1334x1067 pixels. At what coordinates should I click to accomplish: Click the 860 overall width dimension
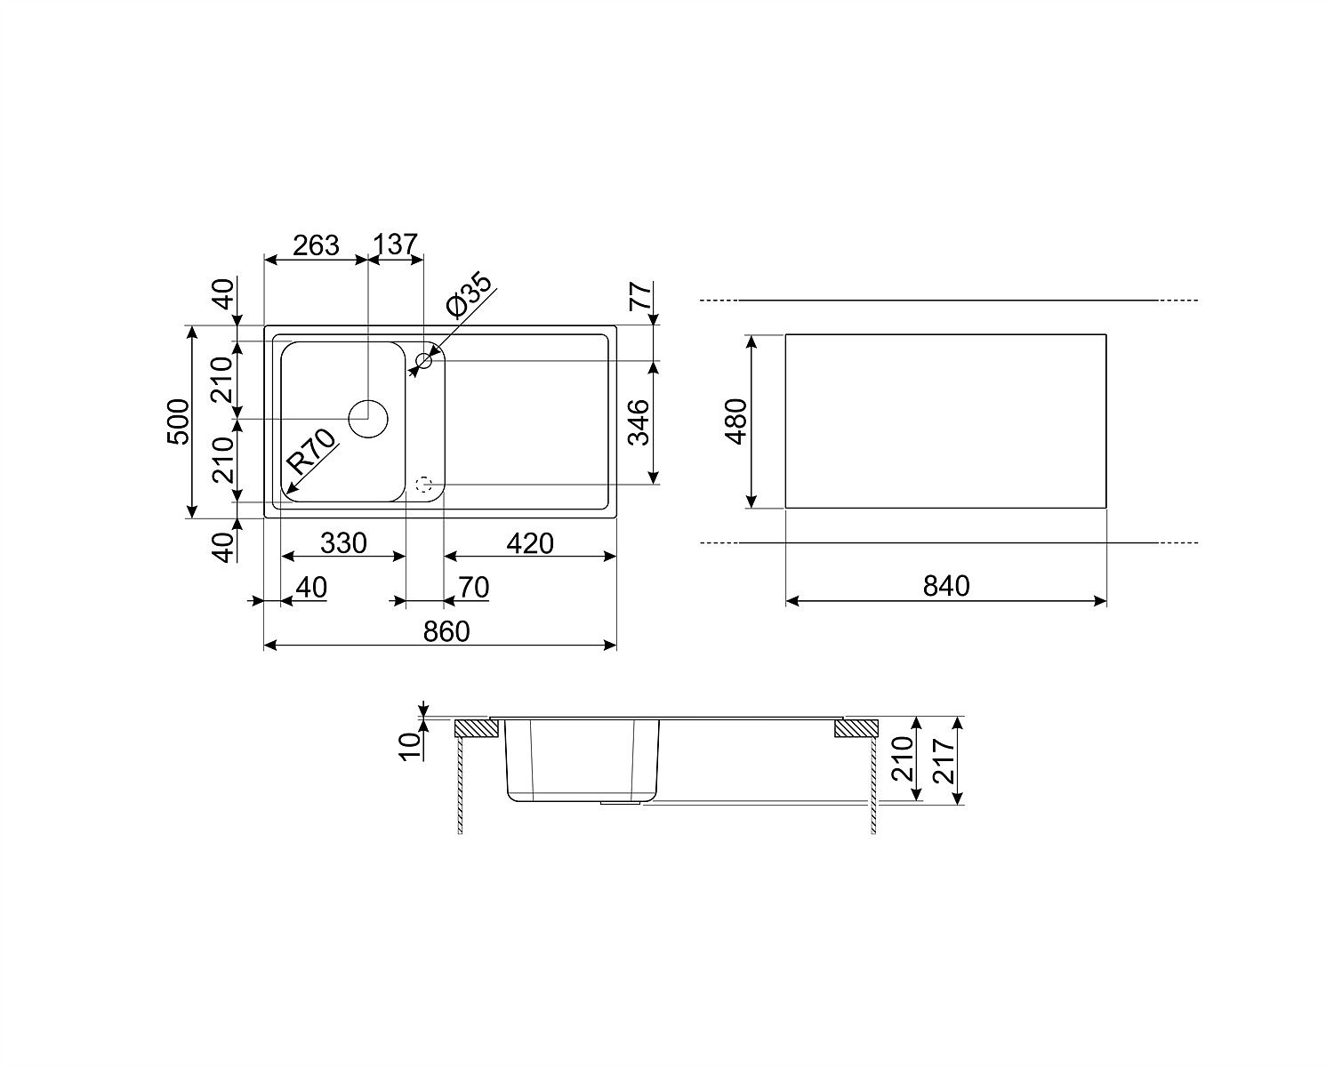(446, 632)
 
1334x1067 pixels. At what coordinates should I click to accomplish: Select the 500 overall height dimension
(179, 421)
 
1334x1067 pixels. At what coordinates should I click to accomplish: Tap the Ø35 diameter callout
(468, 295)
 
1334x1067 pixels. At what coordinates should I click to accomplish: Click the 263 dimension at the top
(316, 245)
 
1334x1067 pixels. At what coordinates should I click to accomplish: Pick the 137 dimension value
(395, 245)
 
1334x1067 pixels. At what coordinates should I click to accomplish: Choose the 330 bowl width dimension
(343, 544)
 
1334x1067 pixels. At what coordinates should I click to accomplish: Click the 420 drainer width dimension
(530, 544)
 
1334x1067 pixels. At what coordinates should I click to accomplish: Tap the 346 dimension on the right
(639, 423)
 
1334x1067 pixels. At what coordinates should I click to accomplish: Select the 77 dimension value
(641, 296)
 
